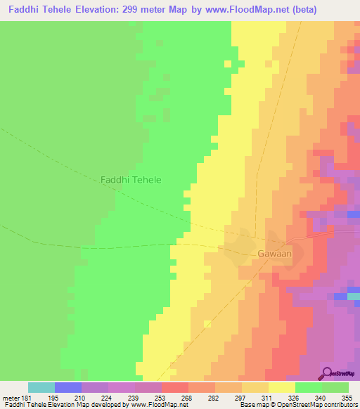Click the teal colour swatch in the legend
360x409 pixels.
click(41, 387)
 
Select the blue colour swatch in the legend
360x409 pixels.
click(67, 387)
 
